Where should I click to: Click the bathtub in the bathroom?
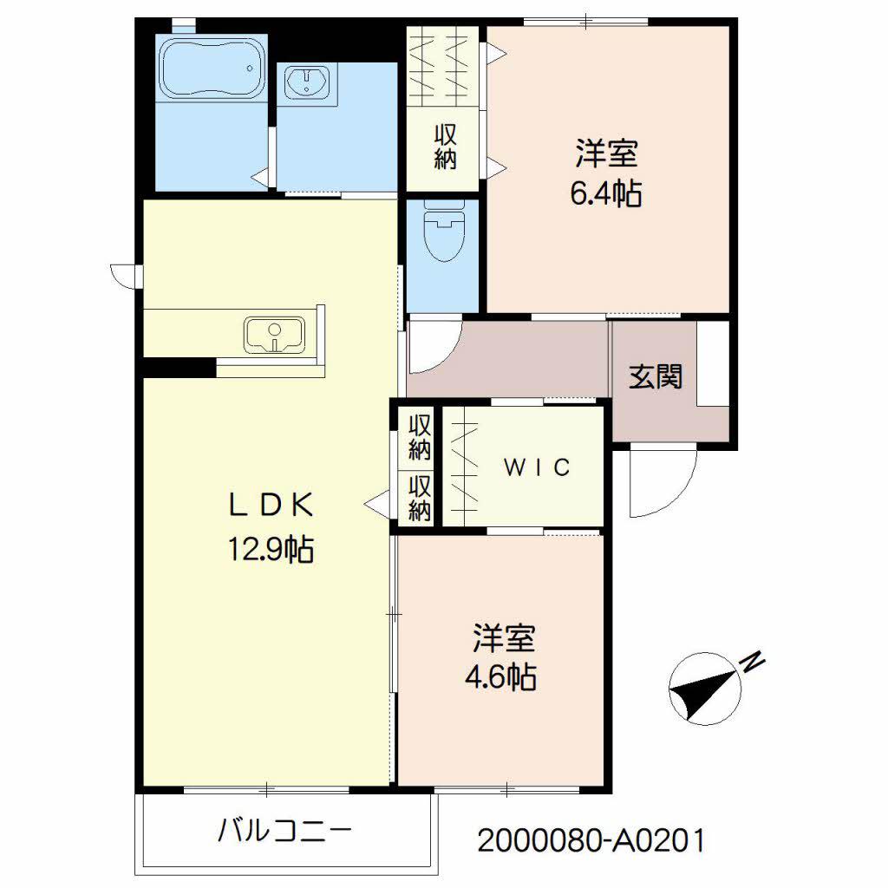click(211, 67)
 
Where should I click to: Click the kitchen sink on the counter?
click(275, 334)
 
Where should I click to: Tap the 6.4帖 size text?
click(605, 194)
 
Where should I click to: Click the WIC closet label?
click(537, 468)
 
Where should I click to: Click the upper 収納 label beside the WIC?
click(420, 438)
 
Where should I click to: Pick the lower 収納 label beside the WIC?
click(420, 499)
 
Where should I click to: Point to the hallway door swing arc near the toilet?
click(431, 345)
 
